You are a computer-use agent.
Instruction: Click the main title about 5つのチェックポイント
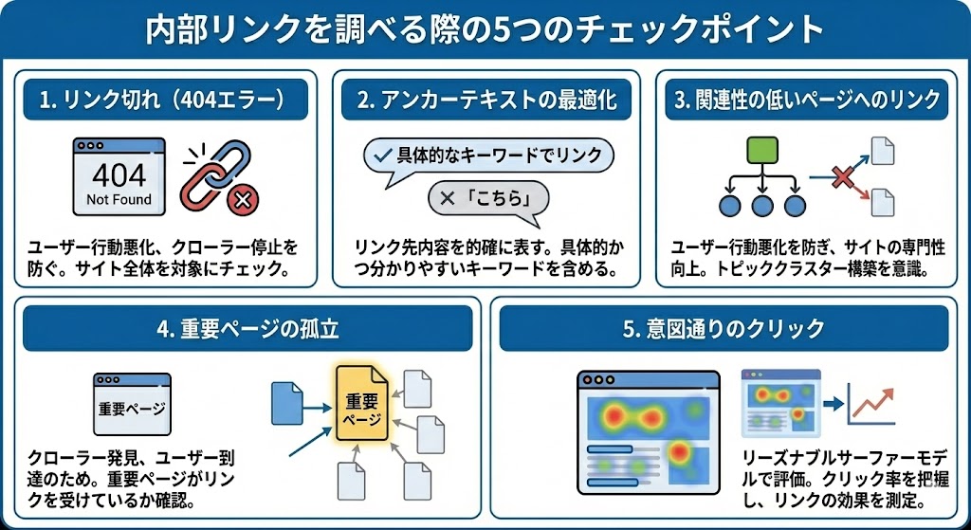tap(485, 29)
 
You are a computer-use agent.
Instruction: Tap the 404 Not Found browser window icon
tap(119, 176)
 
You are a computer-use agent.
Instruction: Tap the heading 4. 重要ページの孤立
tap(247, 331)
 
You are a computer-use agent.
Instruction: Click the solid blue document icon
tap(285, 402)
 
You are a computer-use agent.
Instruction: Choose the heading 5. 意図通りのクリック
tap(724, 331)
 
